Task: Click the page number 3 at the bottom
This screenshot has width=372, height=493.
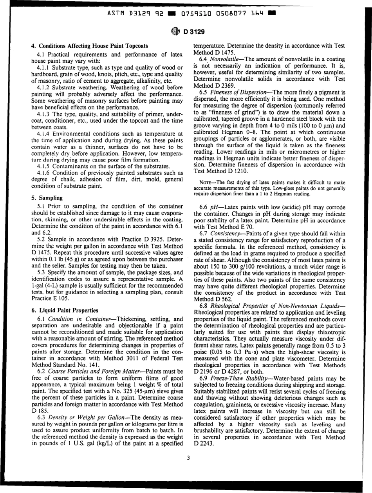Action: coord(188,464)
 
